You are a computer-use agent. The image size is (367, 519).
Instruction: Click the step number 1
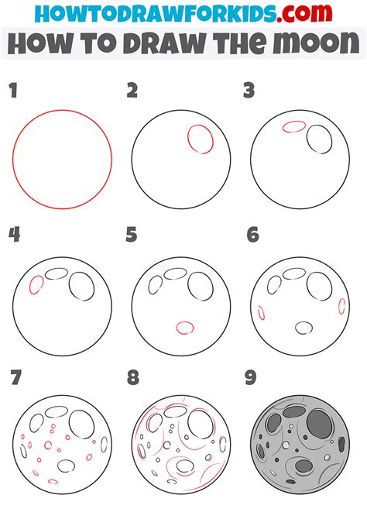(x=13, y=91)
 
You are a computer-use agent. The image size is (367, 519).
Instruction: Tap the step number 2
(x=132, y=91)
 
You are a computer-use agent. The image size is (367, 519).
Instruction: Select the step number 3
(x=249, y=91)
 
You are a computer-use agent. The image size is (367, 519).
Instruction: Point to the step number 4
(x=13, y=235)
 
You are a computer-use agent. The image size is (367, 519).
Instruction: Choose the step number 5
(x=132, y=235)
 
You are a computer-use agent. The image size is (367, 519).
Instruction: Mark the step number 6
(x=252, y=235)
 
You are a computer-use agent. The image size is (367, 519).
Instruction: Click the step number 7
(x=15, y=379)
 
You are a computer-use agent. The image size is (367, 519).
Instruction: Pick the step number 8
(x=132, y=379)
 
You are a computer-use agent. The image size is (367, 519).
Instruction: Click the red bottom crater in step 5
(x=184, y=328)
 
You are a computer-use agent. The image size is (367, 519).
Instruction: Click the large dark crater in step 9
(x=319, y=424)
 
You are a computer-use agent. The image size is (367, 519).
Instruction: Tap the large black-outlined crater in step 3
(x=318, y=139)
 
